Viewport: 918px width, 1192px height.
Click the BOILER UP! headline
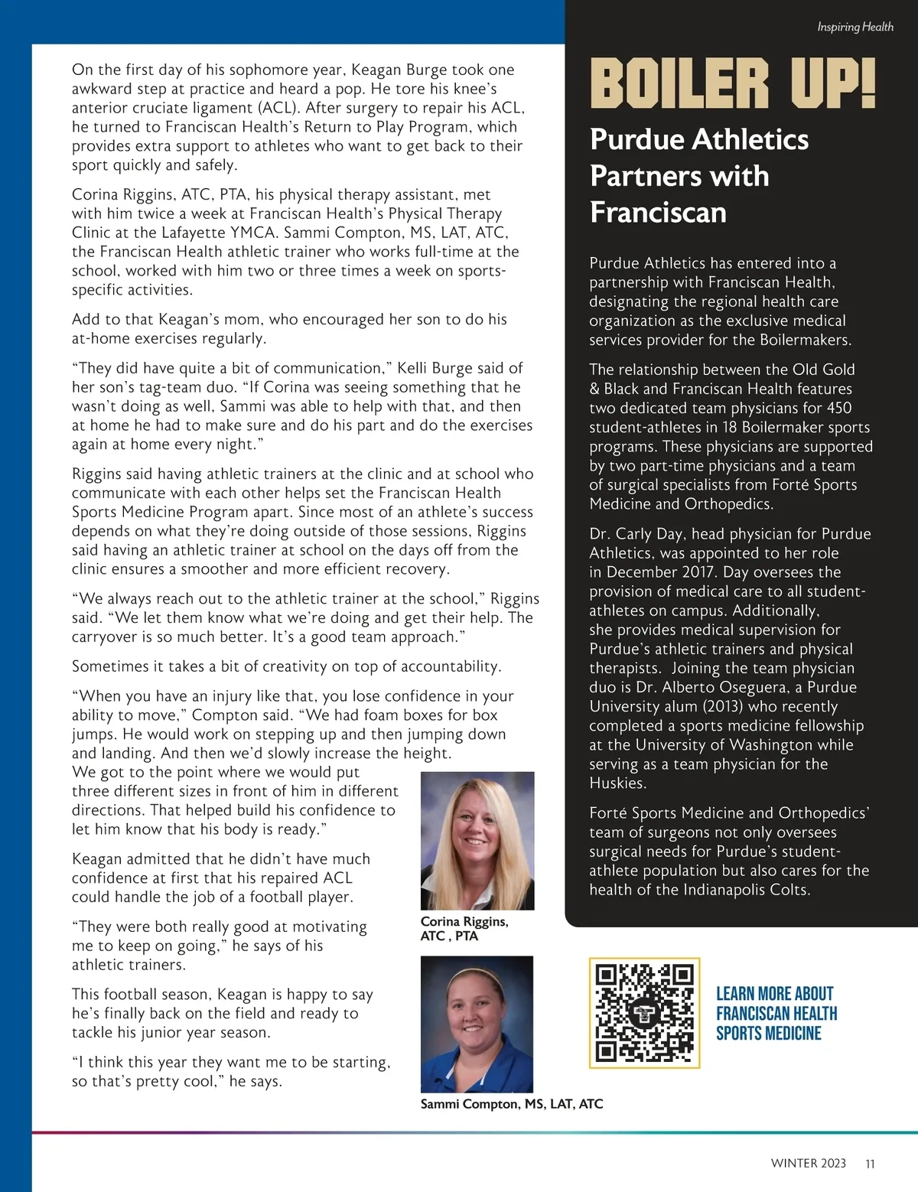[x=733, y=84]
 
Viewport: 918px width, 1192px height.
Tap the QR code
[x=644, y=1013]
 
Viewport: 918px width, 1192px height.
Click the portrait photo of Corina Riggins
[x=477, y=840]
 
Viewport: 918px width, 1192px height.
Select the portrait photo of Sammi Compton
[x=477, y=1024]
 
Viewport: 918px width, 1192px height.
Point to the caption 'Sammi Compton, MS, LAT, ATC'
[x=512, y=1104]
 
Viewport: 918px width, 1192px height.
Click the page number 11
[x=870, y=1164]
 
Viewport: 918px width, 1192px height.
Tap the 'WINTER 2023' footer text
[x=808, y=1164]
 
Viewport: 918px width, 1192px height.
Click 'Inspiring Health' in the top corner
[x=855, y=27]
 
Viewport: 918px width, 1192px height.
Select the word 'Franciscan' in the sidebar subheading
[x=658, y=212]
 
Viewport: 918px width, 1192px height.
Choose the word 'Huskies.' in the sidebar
[x=617, y=783]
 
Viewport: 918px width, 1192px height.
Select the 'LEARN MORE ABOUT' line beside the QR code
[x=774, y=994]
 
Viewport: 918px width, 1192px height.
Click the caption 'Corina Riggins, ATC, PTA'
[x=464, y=929]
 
